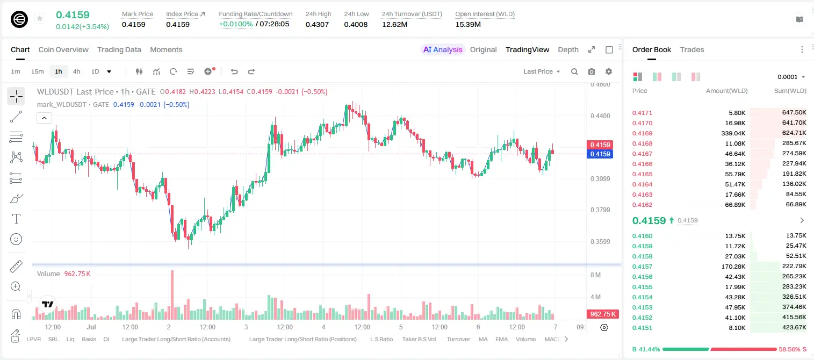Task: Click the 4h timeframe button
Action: tap(76, 71)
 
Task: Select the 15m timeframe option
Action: tap(38, 71)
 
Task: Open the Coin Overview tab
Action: tap(63, 49)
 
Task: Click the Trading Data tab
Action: tap(119, 49)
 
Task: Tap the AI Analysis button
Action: tap(443, 49)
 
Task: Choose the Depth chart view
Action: tap(568, 49)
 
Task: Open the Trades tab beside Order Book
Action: tap(692, 49)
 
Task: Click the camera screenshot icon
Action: tap(592, 71)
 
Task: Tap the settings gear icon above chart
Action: tap(609, 71)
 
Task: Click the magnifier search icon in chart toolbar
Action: tap(574, 71)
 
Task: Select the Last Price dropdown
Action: tap(542, 71)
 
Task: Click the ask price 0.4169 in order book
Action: tap(642, 133)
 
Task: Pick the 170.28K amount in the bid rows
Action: tap(733, 267)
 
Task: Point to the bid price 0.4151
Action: tap(642, 328)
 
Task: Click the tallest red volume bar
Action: tap(172, 294)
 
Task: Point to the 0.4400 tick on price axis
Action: tap(600, 116)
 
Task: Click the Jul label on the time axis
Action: tap(91, 327)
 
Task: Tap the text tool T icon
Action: tap(16, 219)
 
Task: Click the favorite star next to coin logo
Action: tap(40, 18)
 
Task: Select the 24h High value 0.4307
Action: tap(317, 24)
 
